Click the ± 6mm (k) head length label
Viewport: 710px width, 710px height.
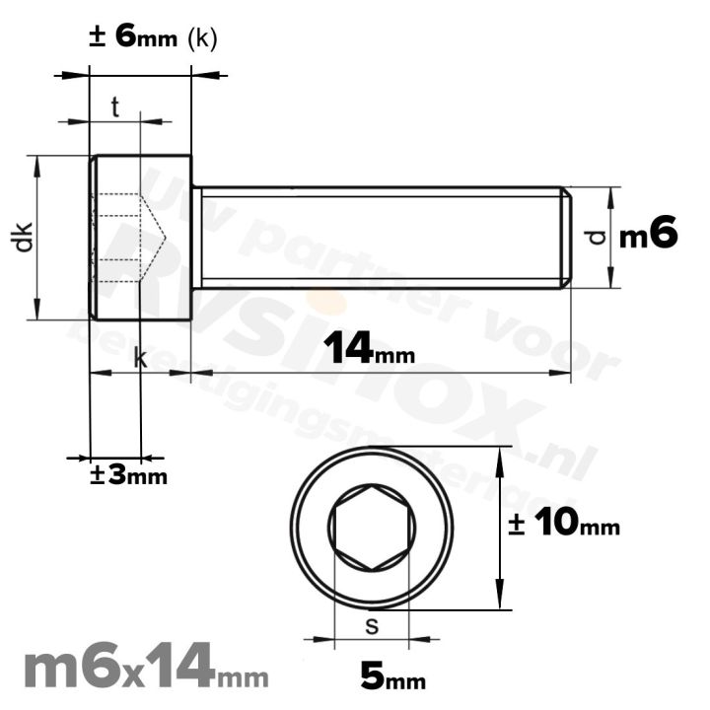point(153,37)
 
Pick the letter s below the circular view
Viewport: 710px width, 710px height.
point(371,625)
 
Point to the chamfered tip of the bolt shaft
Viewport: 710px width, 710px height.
point(566,238)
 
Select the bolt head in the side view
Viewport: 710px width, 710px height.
point(140,238)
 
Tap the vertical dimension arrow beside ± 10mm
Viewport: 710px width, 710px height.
point(502,529)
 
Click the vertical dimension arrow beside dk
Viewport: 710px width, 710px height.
point(38,238)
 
